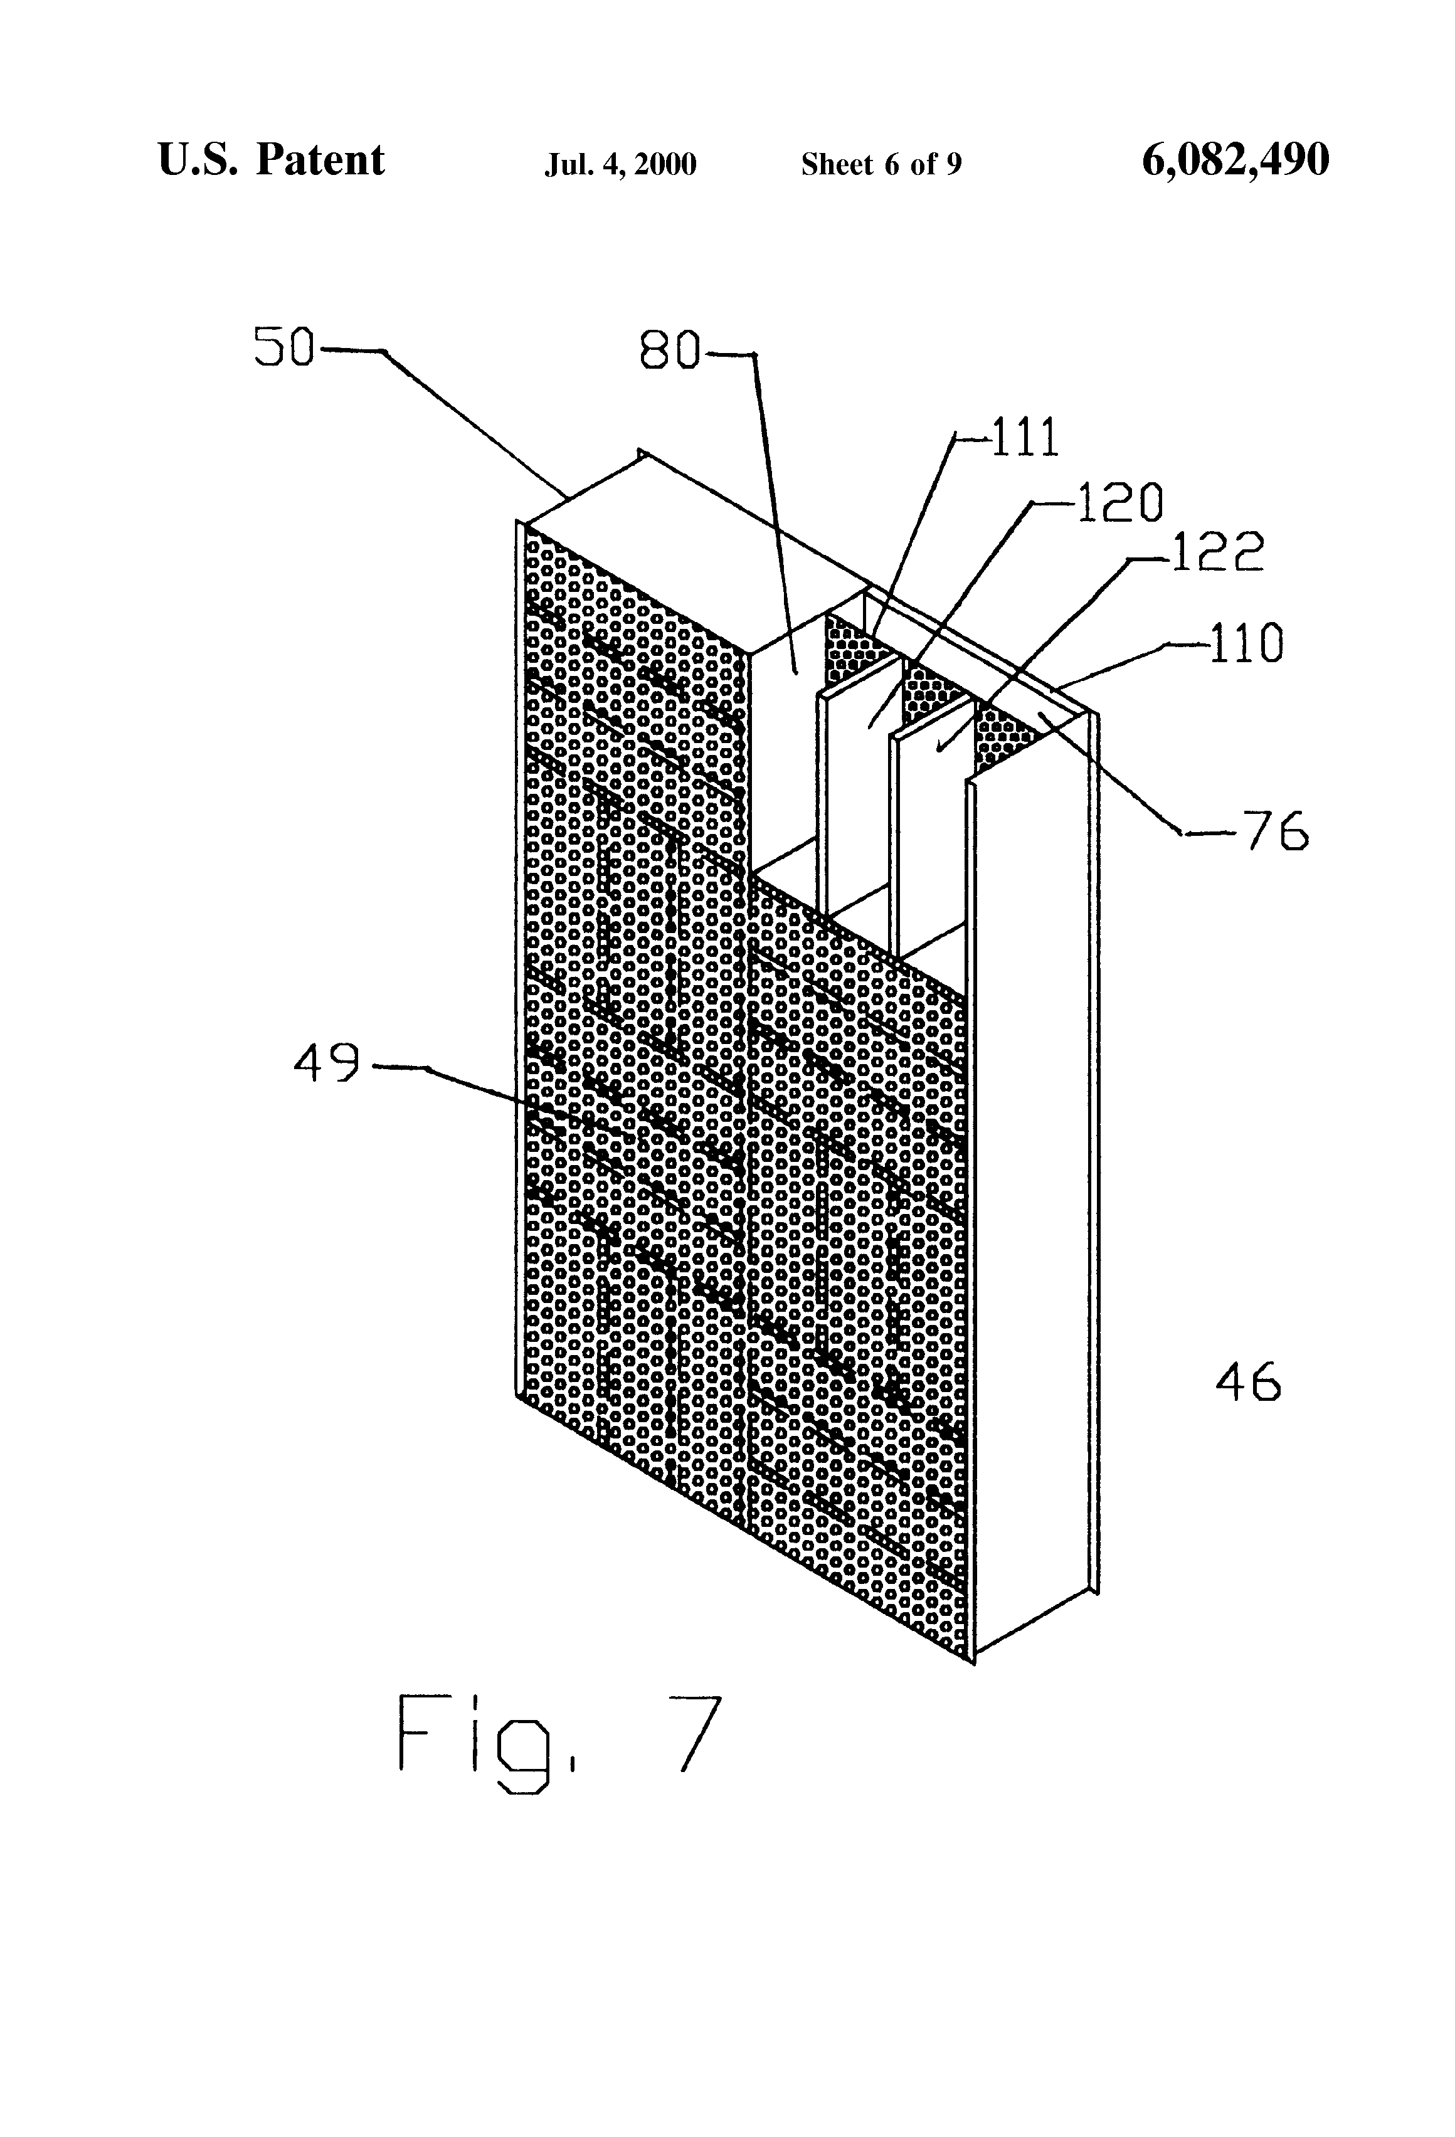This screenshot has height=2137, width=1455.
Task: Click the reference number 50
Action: click(284, 349)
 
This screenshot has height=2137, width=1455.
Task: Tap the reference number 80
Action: click(670, 351)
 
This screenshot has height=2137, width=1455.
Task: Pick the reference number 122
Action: click(1217, 552)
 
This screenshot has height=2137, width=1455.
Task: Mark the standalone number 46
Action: click(1248, 1382)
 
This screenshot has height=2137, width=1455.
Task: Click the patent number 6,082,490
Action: click(1235, 160)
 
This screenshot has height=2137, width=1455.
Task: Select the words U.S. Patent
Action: click(272, 160)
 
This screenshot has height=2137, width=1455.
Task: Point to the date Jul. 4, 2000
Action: click(621, 164)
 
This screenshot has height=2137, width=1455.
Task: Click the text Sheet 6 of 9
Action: click(881, 164)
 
